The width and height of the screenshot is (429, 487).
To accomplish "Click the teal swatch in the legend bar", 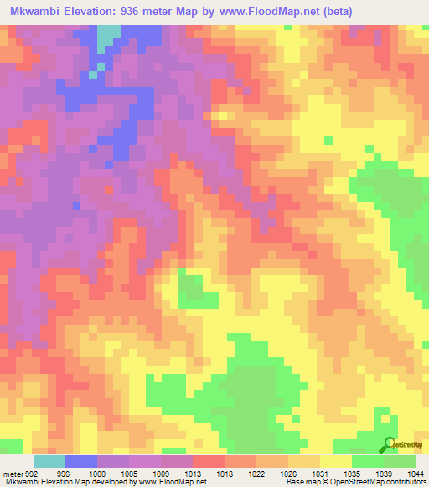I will (x=49, y=461).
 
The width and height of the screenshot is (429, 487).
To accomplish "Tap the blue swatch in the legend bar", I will (x=80, y=461).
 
